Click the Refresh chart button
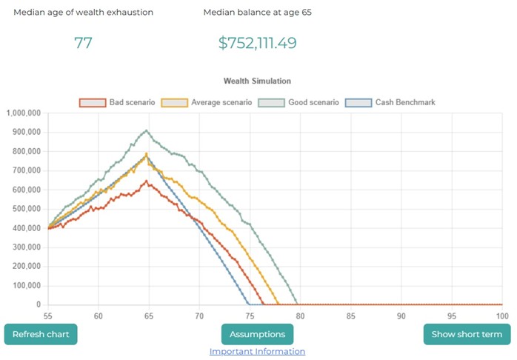(41, 334)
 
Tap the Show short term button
(467, 334)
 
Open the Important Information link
(257, 352)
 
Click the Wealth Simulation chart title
(257, 81)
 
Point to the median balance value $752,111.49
(257, 43)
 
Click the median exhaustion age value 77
(83, 43)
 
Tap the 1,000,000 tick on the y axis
(24, 113)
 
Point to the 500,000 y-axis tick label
(27, 209)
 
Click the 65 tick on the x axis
(149, 316)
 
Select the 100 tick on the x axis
(501, 316)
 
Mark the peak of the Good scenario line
(147, 130)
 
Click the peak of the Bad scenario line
(147, 181)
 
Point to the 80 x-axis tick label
(300, 316)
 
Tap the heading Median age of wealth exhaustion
(83, 13)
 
